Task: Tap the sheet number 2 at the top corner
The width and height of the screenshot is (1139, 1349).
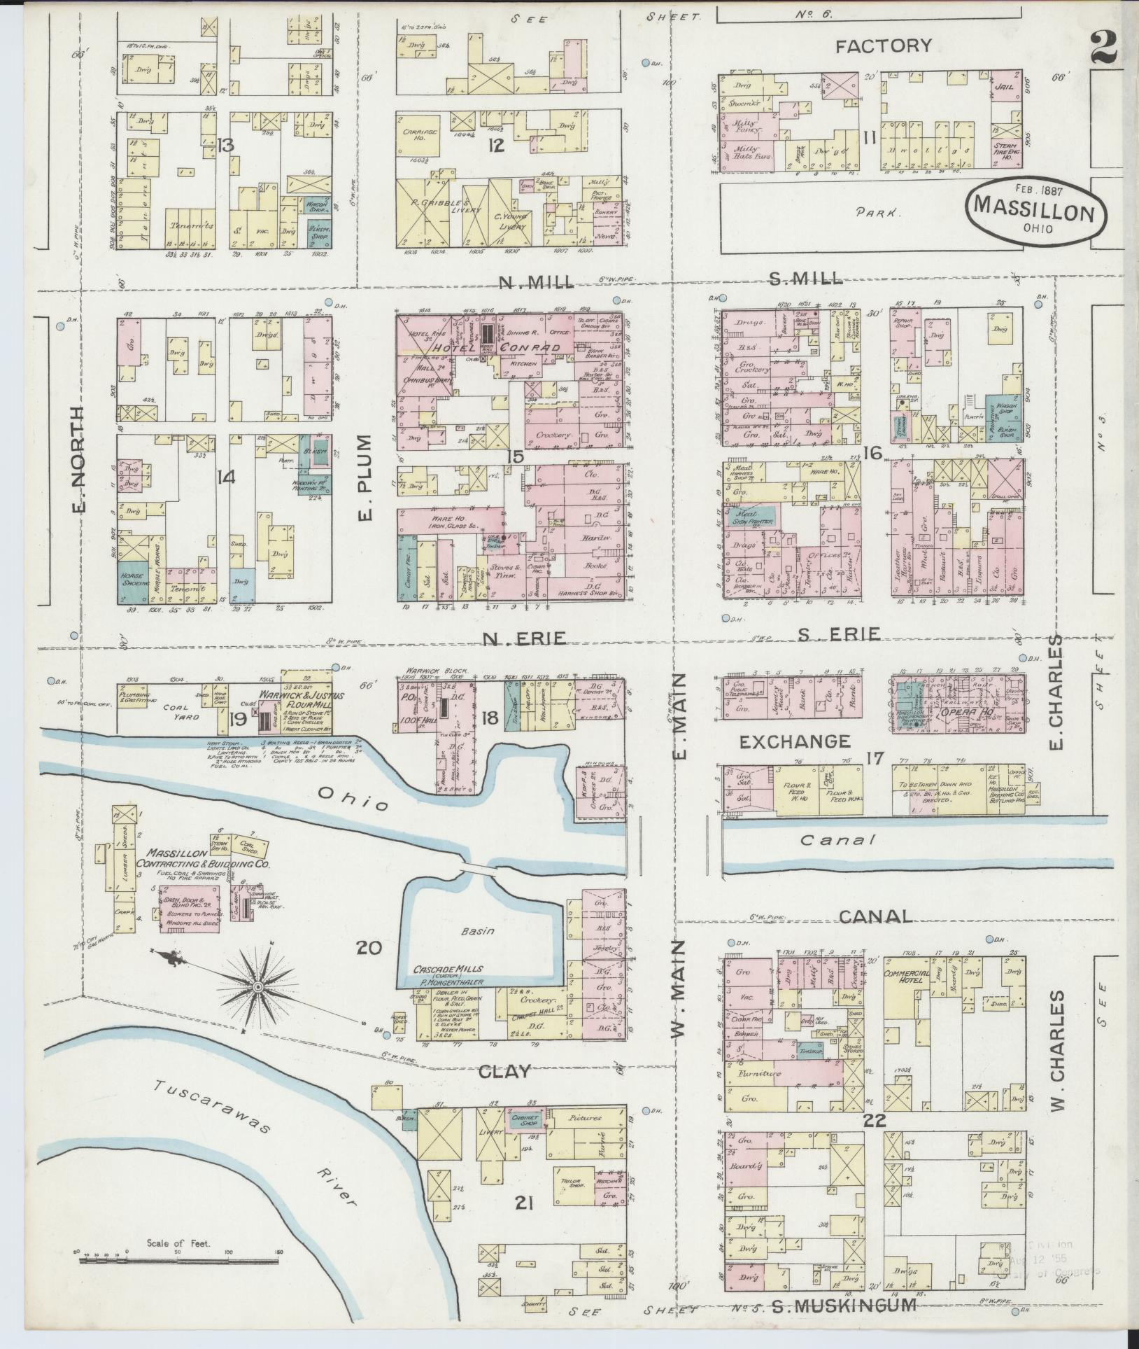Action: click(1106, 48)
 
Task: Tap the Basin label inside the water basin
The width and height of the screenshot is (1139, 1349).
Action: click(478, 932)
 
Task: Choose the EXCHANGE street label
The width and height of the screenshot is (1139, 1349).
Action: click(795, 741)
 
